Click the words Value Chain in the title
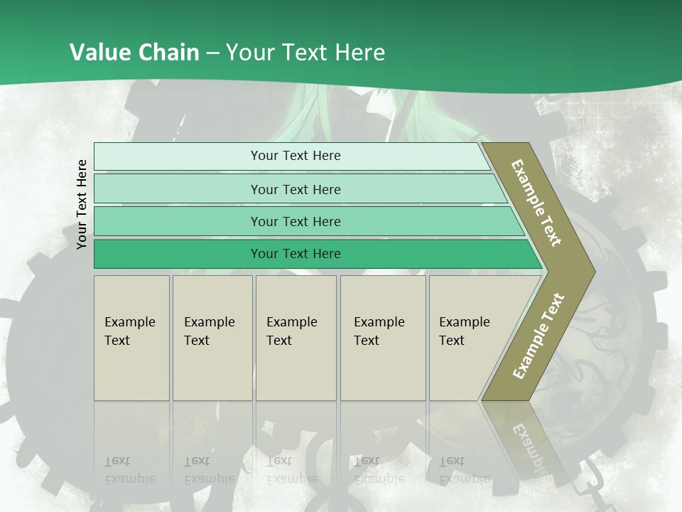click(x=134, y=52)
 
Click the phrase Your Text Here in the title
click(x=305, y=52)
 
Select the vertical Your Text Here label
click(x=82, y=204)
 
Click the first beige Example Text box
click(x=131, y=338)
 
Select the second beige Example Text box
click(x=212, y=338)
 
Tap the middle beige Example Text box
click(x=296, y=338)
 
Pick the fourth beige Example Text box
click(x=383, y=338)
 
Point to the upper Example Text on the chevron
click(x=537, y=203)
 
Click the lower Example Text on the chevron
click(x=538, y=336)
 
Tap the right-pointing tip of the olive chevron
click(x=591, y=271)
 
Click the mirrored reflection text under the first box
click(x=129, y=470)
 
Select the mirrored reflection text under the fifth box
click(x=464, y=470)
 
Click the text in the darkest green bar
click(x=296, y=254)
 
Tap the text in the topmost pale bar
click(x=296, y=156)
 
